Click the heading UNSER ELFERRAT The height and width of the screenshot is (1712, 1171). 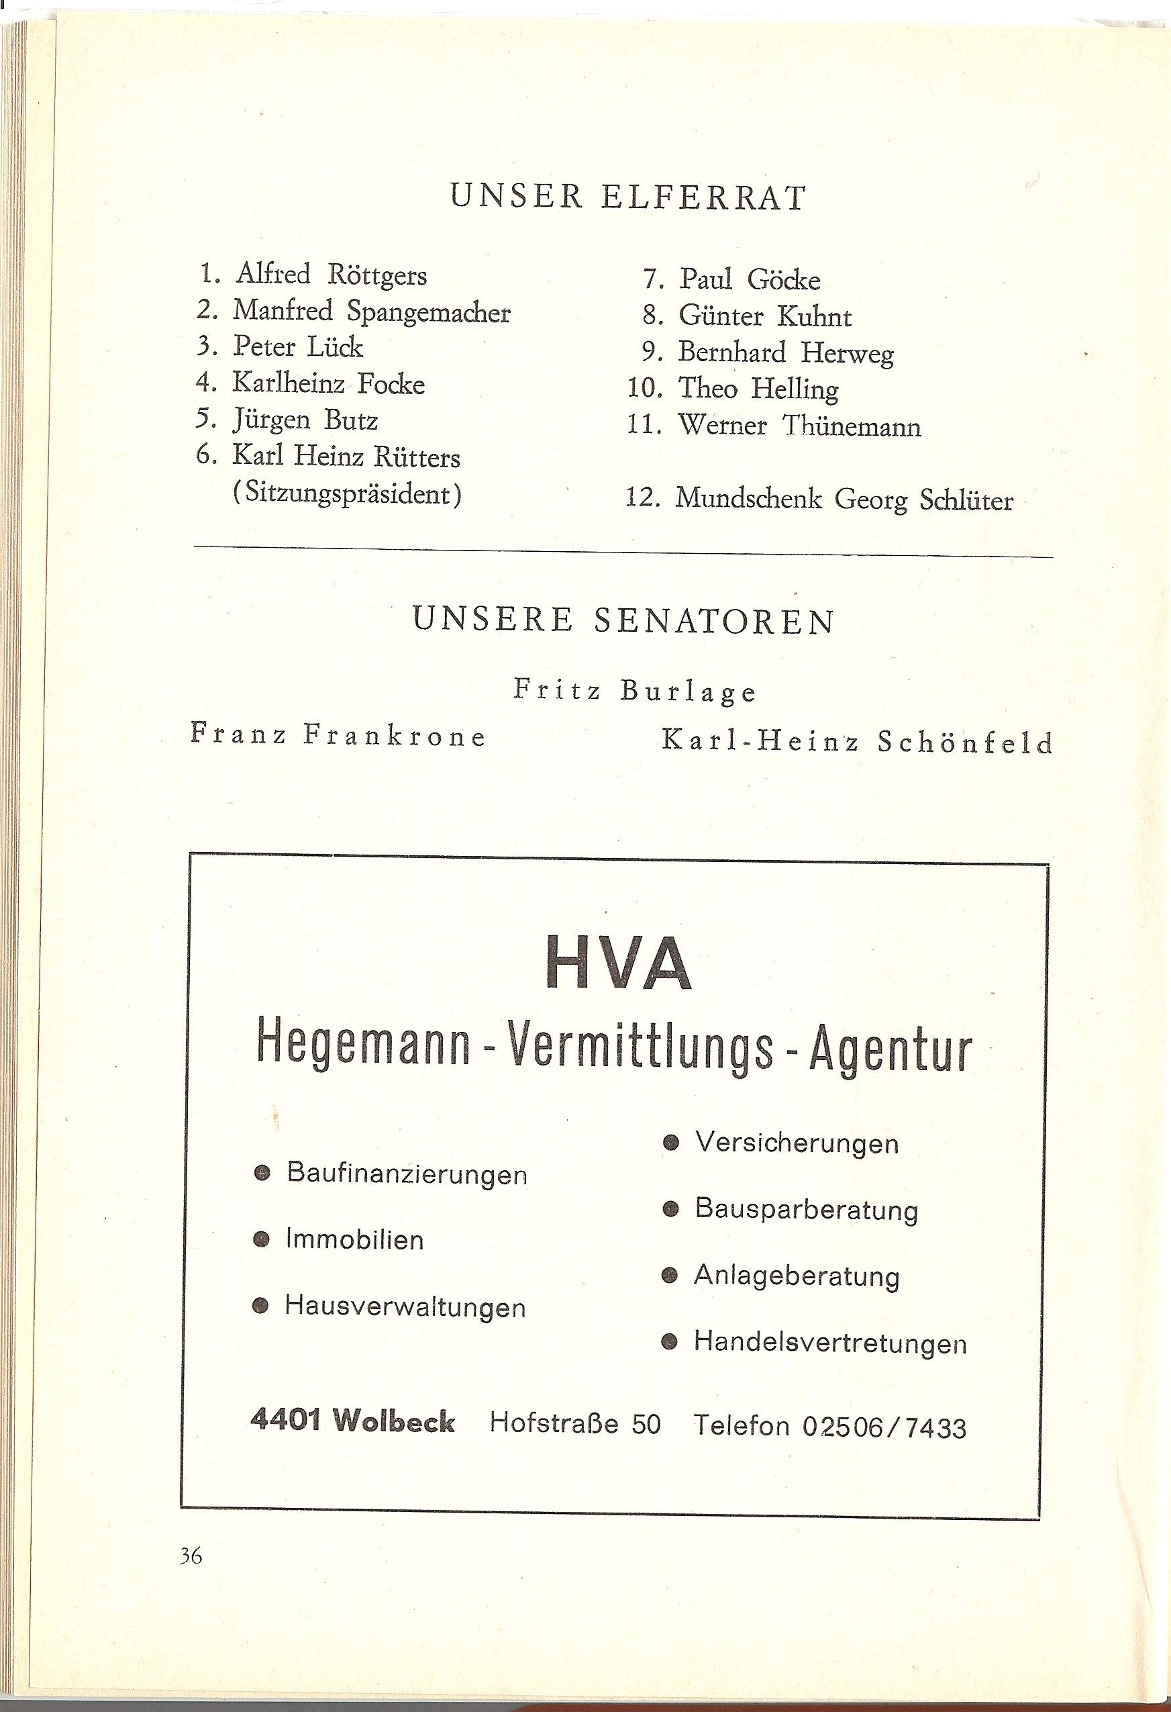627,198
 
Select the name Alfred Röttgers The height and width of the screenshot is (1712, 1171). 332,275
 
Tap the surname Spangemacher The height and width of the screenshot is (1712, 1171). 428,312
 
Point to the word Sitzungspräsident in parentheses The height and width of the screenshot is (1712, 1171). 347,493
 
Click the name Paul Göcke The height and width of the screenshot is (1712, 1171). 749,280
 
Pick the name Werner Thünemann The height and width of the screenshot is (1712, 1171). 799,426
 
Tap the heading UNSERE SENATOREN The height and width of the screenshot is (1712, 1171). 624,621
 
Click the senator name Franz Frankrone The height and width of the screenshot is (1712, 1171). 339,736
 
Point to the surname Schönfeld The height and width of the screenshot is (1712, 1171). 965,742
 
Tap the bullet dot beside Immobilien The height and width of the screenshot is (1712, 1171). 260,1240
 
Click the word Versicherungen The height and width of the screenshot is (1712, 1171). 797,1143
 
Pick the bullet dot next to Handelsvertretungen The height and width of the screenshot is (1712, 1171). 670,1342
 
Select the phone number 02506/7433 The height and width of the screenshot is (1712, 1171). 884,1427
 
